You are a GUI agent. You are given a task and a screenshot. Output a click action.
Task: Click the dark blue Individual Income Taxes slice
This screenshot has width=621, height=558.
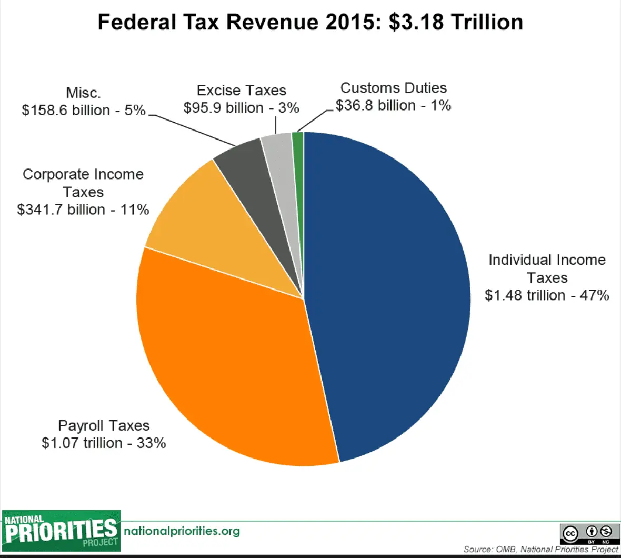(389, 295)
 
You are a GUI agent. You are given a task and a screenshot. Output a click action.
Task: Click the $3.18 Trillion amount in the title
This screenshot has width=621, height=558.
(456, 23)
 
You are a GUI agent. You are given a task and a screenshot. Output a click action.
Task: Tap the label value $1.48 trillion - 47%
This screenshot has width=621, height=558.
(547, 295)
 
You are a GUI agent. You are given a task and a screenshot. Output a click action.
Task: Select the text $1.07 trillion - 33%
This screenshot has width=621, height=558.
(104, 443)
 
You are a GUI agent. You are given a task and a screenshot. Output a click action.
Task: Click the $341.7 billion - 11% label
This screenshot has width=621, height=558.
(83, 210)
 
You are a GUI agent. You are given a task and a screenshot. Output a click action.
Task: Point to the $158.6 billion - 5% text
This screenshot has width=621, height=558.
(83, 110)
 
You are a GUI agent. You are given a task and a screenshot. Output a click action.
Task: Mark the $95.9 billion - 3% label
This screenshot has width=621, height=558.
(241, 108)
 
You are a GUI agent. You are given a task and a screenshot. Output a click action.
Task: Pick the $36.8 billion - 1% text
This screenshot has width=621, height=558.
(393, 105)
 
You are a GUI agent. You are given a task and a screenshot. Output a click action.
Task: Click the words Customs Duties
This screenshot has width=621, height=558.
(393, 88)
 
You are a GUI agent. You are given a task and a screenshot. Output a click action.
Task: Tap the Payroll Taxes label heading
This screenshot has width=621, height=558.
(104, 425)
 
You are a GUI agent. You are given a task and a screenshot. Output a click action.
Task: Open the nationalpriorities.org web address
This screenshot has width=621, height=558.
(182, 531)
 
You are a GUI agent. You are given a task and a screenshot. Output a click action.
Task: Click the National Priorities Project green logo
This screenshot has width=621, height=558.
(61, 531)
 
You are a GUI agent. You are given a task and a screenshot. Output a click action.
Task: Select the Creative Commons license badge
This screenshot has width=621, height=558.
(589, 533)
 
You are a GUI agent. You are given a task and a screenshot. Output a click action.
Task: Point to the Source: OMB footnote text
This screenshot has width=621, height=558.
(540, 550)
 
